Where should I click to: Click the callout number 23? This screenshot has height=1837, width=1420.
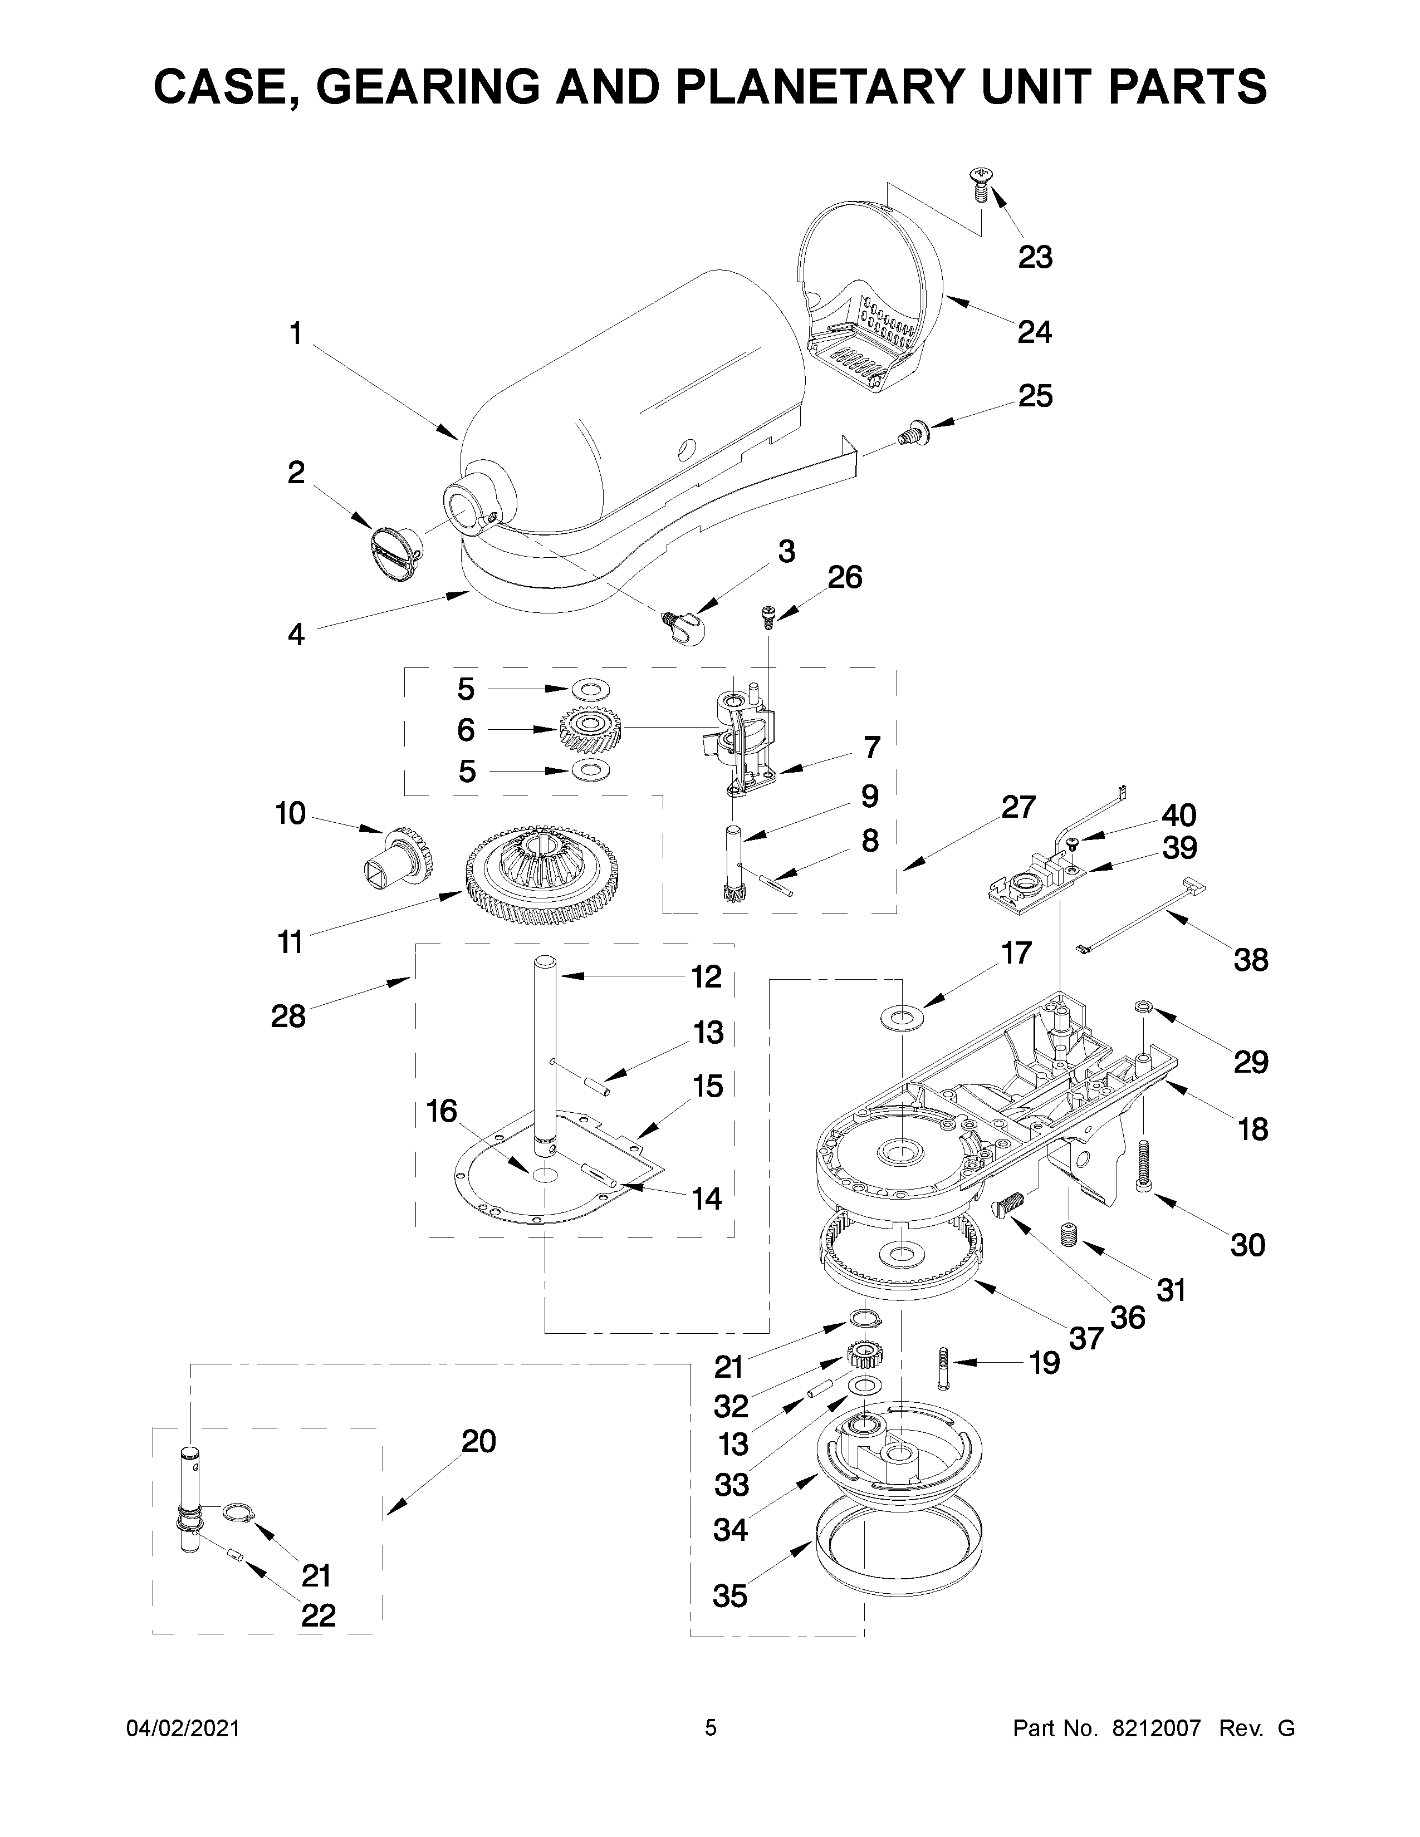click(x=1035, y=257)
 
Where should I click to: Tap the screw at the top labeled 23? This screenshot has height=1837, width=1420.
click(x=979, y=183)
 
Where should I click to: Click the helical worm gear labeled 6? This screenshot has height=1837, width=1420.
click(x=590, y=729)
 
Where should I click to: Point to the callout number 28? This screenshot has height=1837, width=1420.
click(x=288, y=1016)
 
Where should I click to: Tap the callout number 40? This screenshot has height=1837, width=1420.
click(x=1178, y=814)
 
